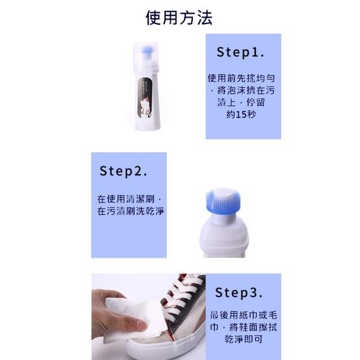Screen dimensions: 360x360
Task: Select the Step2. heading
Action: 123,172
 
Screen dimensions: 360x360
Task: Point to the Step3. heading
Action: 238,292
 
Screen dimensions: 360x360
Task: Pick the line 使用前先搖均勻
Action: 243,78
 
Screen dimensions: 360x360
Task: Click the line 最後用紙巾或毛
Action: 244,315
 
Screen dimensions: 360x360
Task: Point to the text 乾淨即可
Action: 244,339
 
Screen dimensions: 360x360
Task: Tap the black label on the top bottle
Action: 147,96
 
